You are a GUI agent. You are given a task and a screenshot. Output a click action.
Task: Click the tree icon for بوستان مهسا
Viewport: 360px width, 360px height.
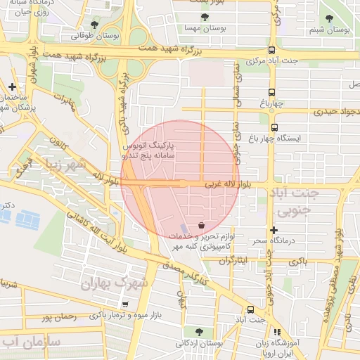(x=205, y=18)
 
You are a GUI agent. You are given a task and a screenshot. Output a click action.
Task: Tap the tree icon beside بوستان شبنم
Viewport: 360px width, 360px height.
(x=330, y=18)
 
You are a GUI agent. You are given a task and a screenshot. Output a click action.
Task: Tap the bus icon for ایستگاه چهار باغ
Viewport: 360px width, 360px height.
(x=274, y=128)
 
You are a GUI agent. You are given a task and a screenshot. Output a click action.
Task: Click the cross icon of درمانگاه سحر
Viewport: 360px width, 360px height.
(x=274, y=230)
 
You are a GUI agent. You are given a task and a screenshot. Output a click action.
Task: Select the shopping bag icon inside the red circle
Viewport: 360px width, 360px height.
(x=202, y=226)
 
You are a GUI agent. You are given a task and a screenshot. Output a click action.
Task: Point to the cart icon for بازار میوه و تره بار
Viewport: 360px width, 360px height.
(x=125, y=304)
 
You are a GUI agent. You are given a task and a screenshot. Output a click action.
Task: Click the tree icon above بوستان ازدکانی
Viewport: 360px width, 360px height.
(x=189, y=330)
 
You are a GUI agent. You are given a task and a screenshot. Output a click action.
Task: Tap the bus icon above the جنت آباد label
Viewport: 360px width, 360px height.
(x=250, y=309)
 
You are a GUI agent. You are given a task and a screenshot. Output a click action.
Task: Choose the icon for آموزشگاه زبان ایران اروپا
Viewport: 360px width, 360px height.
(x=277, y=331)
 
